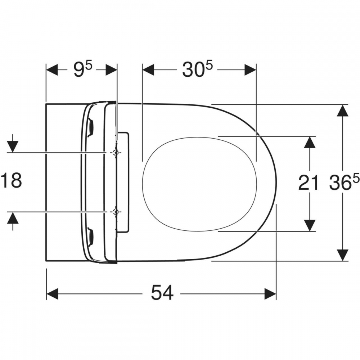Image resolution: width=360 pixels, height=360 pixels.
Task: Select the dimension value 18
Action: (12, 180)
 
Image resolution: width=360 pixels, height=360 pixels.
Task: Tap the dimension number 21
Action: (309, 183)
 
